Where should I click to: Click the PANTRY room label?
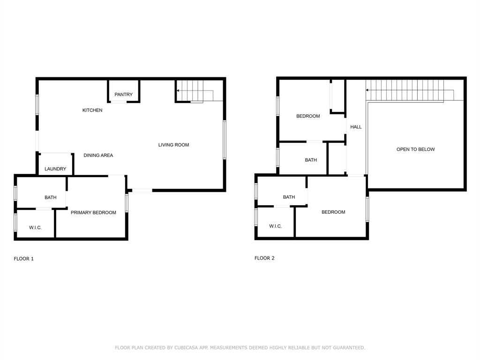click(x=123, y=95)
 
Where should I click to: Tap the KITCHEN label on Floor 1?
click(x=92, y=110)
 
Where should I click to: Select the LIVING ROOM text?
click(x=173, y=145)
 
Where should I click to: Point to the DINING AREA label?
click(x=98, y=155)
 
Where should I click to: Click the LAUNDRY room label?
click(x=55, y=169)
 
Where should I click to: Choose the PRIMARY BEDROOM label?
click(x=93, y=212)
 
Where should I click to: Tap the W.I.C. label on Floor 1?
click(x=35, y=227)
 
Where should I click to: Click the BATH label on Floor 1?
click(x=51, y=197)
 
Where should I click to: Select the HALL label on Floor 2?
click(x=356, y=127)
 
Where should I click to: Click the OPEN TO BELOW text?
click(x=416, y=149)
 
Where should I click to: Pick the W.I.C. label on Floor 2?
click(x=275, y=226)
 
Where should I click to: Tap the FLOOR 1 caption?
click(x=24, y=259)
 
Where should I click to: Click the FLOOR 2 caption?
click(x=264, y=258)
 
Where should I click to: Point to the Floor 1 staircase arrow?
click(x=179, y=90)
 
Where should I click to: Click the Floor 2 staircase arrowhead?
click(x=368, y=90)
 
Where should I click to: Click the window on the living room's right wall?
click(x=225, y=139)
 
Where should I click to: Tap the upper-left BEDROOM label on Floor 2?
click(x=308, y=116)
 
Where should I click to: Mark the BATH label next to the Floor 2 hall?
click(x=311, y=160)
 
